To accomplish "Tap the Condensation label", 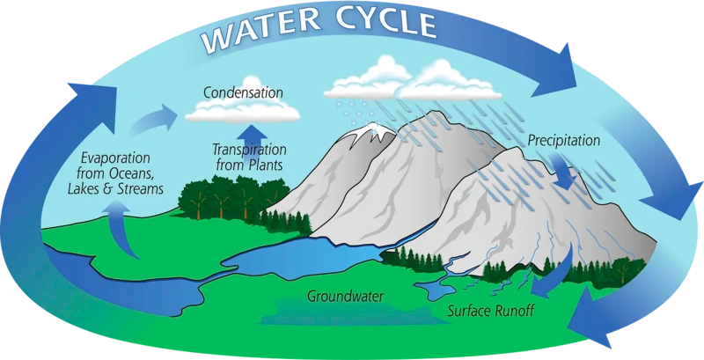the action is tap(243, 92).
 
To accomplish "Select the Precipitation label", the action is tap(563, 140).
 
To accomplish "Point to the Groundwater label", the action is tap(344, 296).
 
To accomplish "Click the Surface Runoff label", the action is tap(490, 311).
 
